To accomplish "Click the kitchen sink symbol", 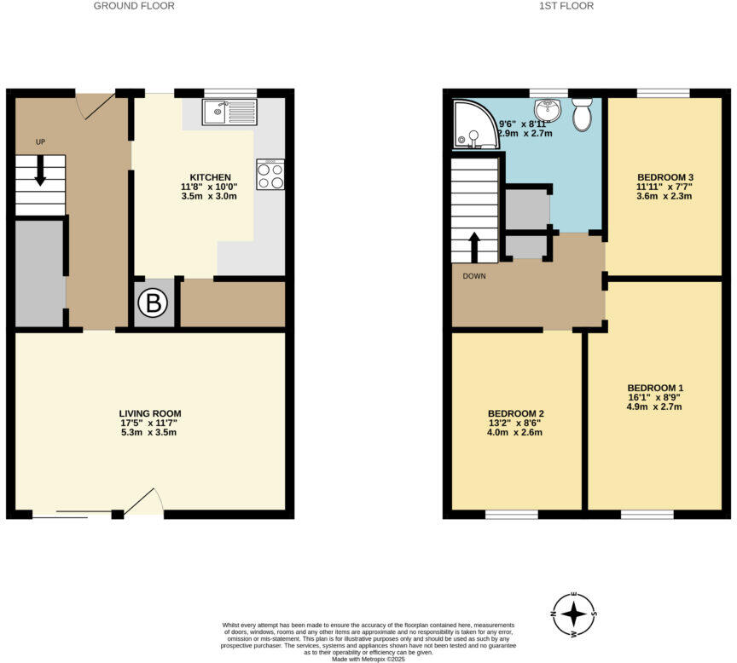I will (x=229, y=112).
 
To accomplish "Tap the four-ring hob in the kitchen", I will (x=270, y=175).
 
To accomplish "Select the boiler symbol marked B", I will (x=154, y=303).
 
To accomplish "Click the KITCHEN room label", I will (x=210, y=177).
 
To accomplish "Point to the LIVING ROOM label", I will (x=150, y=413).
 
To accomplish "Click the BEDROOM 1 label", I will (x=655, y=388).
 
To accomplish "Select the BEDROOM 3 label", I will (x=663, y=180).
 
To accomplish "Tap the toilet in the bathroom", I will (x=583, y=113).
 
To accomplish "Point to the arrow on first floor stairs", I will (x=474, y=247).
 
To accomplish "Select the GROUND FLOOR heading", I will (x=134, y=6).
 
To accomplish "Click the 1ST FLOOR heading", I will (x=567, y=6).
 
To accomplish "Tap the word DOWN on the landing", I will (x=474, y=276).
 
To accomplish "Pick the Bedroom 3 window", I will (x=663, y=93).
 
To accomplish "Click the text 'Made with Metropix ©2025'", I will (x=369, y=658).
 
